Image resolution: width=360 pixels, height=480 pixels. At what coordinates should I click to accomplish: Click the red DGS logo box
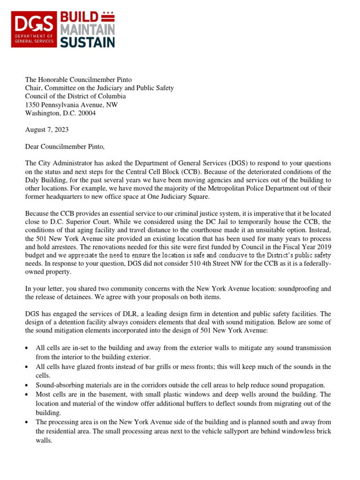[34, 29]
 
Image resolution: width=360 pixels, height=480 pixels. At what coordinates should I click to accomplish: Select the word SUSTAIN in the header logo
[87, 43]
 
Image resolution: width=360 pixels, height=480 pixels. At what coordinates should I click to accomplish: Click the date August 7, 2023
[47, 129]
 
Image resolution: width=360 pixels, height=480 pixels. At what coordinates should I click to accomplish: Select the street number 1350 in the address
[33, 105]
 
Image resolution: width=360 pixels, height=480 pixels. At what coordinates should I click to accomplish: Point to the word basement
[104, 394]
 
